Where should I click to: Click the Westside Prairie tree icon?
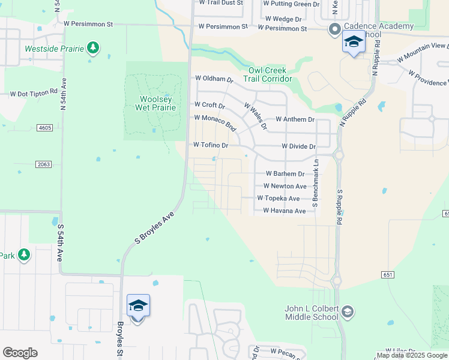pyautogui.click(x=92, y=47)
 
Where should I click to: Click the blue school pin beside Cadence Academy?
pyautogui.click(x=354, y=43)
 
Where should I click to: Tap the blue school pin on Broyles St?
pyautogui.click(x=138, y=307)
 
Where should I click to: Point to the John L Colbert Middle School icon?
pyautogui.click(x=348, y=311)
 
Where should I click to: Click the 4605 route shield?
pyautogui.click(x=44, y=128)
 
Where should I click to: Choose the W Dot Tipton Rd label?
pyautogui.click(x=33, y=94)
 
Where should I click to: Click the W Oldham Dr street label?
pyautogui.click(x=213, y=79)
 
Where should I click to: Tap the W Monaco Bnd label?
pyautogui.click(x=214, y=122)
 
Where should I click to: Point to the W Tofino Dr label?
pyautogui.click(x=211, y=145)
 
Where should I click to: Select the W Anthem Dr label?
pyautogui.click(x=295, y=119)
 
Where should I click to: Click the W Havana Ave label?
pyautogui.click(x=284, y=211)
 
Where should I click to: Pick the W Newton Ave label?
pyautogui.click(x=285, y=186)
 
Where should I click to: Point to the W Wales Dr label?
pyautogui.click(x=255, y=115)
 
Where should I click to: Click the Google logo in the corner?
pyautogui.click(x=20, y=353)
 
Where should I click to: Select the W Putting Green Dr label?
pyautogui.click(x=291, y=4)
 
